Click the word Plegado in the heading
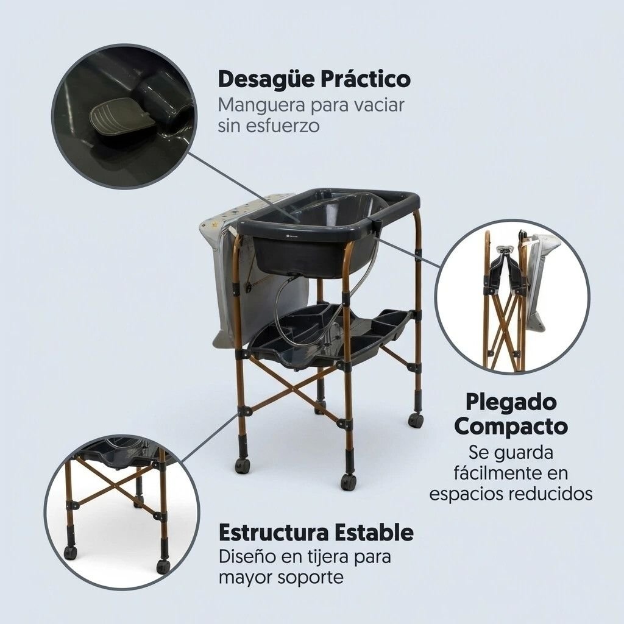click(511, 403)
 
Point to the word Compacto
click(511, 427)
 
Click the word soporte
click(310, 578)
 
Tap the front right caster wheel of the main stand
click(348, 481)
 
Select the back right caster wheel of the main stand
click(415, 420)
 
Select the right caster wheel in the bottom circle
click(163, 566)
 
